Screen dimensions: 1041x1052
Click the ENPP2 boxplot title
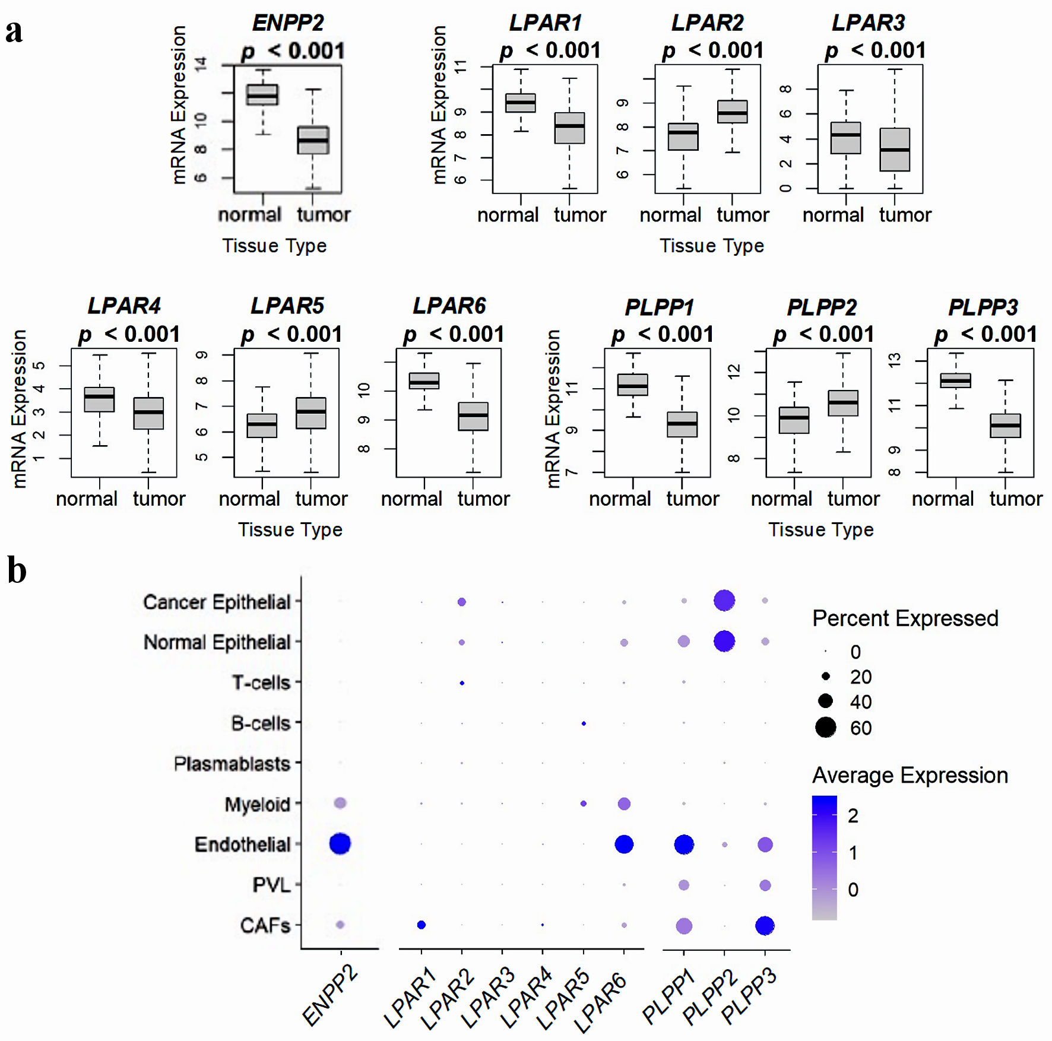coord(288,23)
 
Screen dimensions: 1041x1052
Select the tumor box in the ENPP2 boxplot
coord(313,140)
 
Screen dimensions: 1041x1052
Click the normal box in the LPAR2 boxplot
coord(683,137)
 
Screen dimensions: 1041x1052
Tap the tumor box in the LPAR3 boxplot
coord(895,150)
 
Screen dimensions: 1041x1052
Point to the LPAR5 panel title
coord(287,306)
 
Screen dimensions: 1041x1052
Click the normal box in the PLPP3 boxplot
coord(956,380)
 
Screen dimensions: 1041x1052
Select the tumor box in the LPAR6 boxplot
coord(473,416)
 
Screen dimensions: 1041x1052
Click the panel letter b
coord(17,570)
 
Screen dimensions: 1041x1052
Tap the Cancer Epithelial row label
coord(217,602)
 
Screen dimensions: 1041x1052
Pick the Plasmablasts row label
coord(232,763)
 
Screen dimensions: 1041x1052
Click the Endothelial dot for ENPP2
coord(340,843)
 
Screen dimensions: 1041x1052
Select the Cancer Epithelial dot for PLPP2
coord(724,601)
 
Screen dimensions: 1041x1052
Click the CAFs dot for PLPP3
coord(765,925)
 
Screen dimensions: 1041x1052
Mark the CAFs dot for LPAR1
coord(422,925)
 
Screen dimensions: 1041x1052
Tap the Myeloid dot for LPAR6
coord(624,804)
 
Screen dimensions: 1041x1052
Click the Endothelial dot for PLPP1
coord(684,844)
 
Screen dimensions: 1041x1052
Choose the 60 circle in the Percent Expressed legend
coord(825,727)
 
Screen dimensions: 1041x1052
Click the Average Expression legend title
coord(910,775)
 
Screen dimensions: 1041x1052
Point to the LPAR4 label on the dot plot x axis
coord(527,997)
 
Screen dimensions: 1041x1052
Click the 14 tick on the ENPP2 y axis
coord(201,65)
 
